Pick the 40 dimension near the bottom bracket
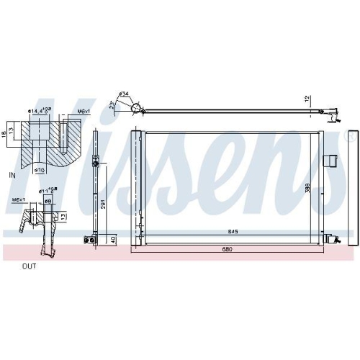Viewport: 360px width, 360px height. (112, 238)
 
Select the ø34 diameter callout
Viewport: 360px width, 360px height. (123, 94)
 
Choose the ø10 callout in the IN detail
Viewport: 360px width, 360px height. (40, 169)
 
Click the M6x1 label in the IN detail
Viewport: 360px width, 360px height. (83, 112)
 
